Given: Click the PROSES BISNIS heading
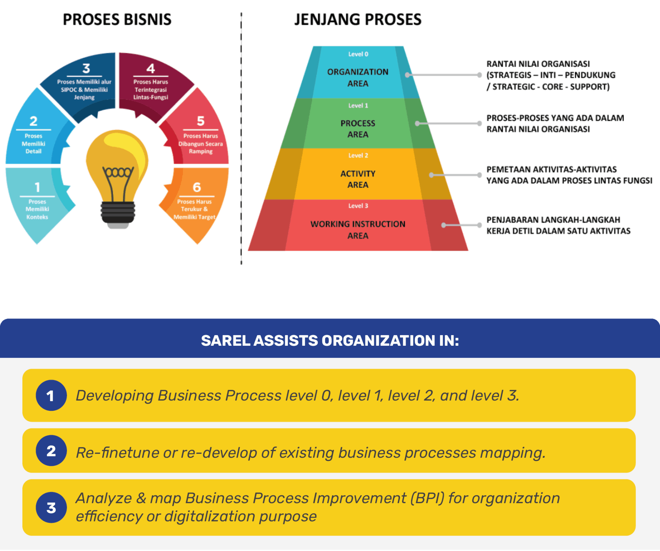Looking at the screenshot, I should coord(117,20).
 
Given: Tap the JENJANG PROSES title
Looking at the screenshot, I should coord(358,20).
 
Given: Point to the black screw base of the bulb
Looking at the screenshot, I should coord(118,212).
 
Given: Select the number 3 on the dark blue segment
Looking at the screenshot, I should coord(86,68).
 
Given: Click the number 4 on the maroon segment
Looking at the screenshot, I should coord(151,68).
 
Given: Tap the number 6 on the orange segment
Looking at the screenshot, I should coord(197,187).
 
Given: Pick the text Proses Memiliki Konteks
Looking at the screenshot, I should coord(37,209).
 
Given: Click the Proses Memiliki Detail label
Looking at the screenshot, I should coord(33,144).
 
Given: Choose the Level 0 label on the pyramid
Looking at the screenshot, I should coord(358,54).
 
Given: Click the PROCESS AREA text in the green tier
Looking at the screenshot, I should coord(358,129).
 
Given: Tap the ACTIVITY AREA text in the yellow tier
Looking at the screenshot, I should coord(358,179).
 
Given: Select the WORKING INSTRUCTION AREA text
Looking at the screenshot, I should coord(358,230).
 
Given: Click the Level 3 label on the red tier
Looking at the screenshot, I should coord(358,206).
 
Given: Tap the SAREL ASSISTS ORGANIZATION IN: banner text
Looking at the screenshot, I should coord(330,341).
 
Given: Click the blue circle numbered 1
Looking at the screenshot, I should coord(51,395).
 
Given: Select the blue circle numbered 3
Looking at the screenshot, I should coord(51,507).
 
